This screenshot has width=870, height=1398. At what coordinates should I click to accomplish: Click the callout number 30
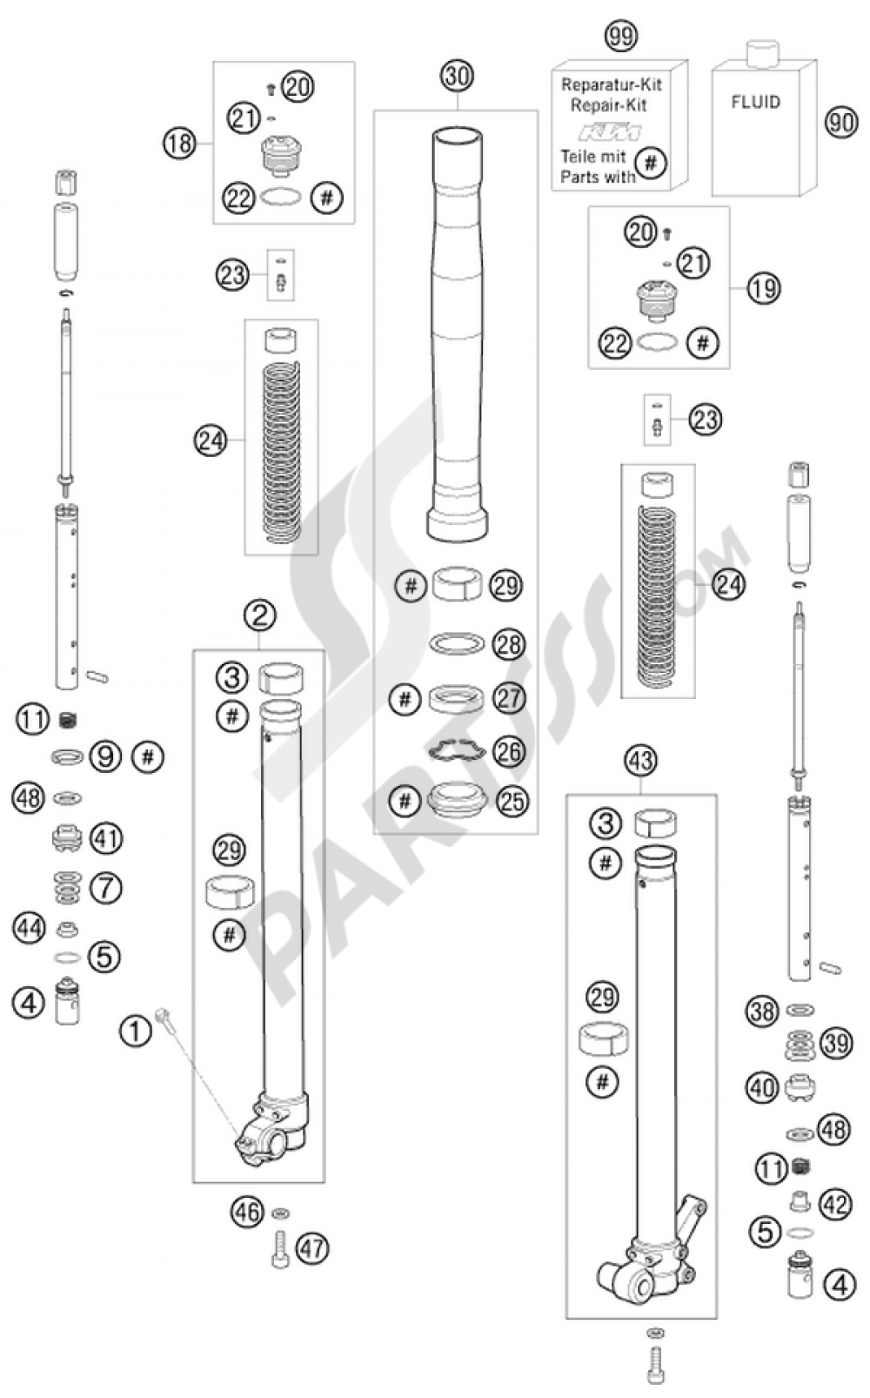457,76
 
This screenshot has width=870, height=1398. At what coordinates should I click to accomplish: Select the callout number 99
620,36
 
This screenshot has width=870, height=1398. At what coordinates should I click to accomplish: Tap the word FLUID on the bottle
755,102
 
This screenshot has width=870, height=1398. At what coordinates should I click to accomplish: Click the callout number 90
840,122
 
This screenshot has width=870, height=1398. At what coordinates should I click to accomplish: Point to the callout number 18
180,142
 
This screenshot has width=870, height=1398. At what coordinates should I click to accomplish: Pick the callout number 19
763,288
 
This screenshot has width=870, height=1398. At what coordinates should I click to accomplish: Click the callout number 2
259,616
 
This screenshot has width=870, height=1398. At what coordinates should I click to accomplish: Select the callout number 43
640,761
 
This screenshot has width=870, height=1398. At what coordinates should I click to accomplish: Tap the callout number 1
135,1032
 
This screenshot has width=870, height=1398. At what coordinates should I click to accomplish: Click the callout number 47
312,1249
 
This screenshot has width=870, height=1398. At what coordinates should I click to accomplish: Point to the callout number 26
510,749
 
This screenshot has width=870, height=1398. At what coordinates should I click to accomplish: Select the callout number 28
510,644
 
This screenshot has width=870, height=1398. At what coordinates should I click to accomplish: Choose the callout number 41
106,838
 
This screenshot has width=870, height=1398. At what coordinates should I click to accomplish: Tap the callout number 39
836,1043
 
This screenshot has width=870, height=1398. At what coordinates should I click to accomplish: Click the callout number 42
836,1205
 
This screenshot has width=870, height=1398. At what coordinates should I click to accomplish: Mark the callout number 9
106,756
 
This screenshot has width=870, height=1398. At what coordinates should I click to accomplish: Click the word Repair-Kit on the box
608,105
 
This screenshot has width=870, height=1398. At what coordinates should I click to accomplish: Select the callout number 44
29,928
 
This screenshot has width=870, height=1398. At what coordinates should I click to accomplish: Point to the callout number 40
763,1087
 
